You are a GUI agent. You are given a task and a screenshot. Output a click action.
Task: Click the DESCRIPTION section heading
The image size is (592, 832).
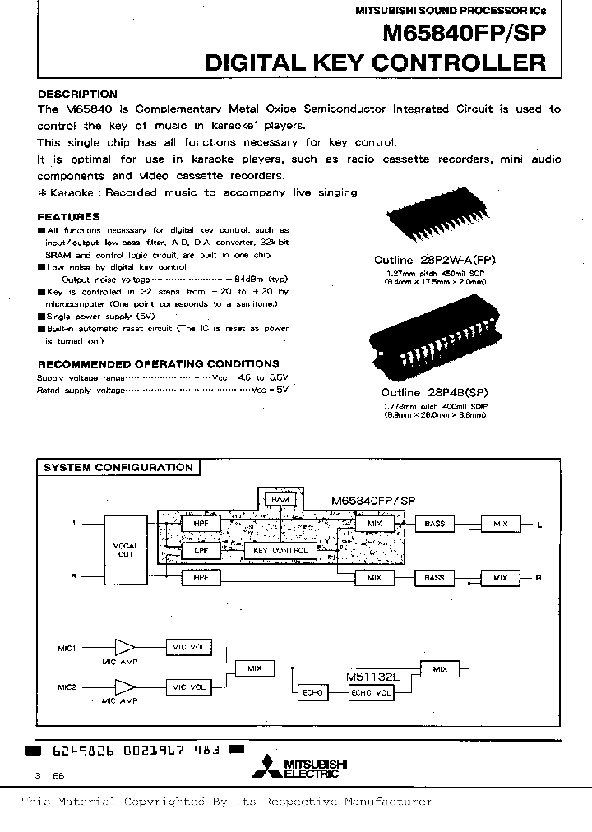click(x=77, y=94)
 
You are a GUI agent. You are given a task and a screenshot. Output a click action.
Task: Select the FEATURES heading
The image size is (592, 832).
click(x=69, y=217)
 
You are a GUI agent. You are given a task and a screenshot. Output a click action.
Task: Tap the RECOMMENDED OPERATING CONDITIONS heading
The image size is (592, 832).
click(x=158, y=363)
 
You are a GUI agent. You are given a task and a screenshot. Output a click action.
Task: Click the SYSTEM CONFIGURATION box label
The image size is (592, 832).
click(x=117, y=467)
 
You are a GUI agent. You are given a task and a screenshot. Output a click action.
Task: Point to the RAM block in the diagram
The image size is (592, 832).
click(x=280, y=499)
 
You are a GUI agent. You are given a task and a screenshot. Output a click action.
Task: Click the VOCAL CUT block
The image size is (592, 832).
click(x=126, y=549)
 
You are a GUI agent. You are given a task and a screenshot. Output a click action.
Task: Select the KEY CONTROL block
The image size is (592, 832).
click(x=280, y=550)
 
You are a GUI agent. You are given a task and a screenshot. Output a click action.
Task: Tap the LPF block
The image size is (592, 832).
click(x=201, y=550)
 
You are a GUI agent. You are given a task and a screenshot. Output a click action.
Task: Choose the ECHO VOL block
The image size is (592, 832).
click(x=372, y=692)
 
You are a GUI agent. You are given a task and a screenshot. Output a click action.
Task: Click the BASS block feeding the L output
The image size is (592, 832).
click(x=434, y=524)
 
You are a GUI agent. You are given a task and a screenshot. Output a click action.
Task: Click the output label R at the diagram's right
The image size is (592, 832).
click(x=539, y=579)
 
